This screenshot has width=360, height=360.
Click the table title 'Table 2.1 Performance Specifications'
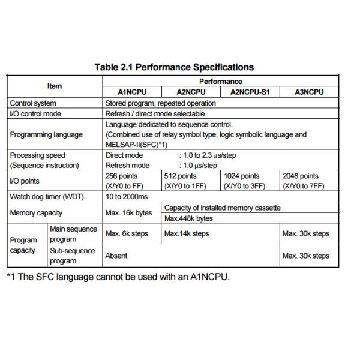coord(174,67)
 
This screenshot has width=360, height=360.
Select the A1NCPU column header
coord(132,92)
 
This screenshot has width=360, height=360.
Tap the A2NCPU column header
coord(191,92)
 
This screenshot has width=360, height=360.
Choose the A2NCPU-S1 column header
coord(250,92)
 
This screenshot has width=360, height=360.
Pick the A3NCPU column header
coord(310,92)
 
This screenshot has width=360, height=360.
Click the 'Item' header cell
coord(55,86)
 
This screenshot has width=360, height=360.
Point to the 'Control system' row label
coord(33,103)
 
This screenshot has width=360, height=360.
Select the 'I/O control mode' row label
coord(35,113)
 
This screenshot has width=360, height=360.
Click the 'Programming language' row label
coord(46,134)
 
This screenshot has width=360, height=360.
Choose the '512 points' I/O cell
coord(183,181)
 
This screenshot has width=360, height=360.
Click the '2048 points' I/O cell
coord(303,181)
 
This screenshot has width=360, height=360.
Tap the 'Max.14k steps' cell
coord(187,233)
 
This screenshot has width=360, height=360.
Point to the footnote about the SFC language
coord(118,277)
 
